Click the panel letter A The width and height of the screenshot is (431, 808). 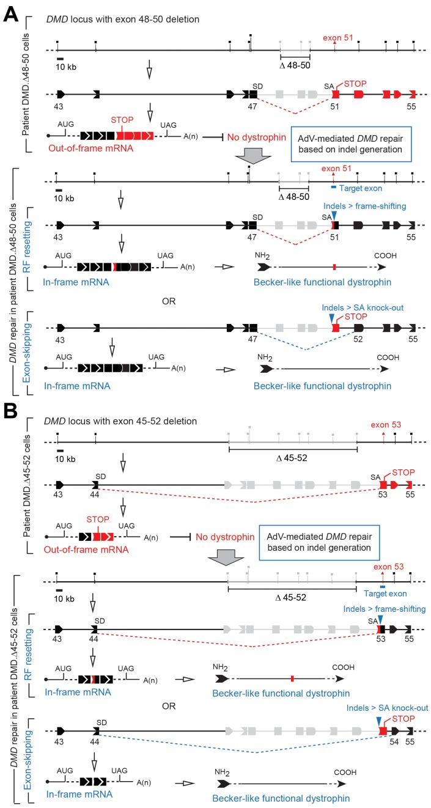(11, 13)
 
